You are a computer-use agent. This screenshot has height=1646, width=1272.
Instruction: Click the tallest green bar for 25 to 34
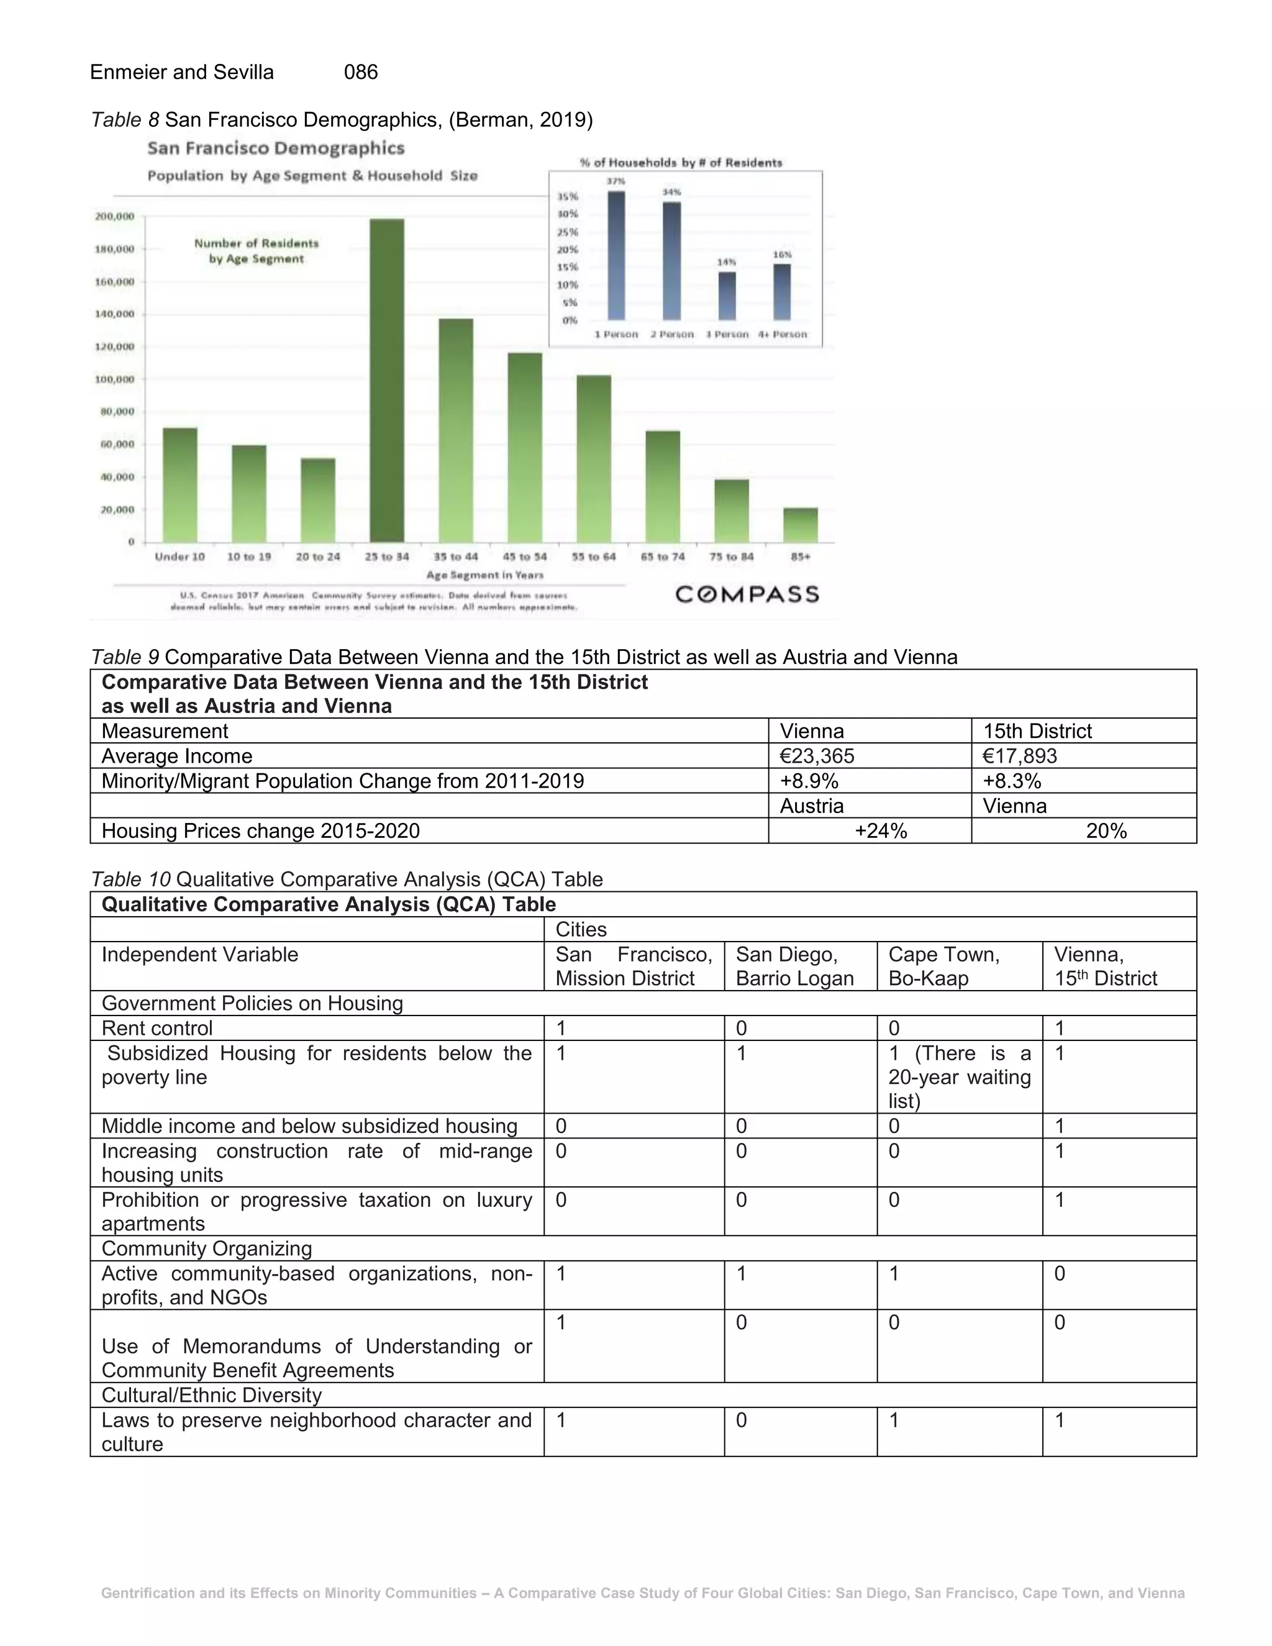pos(386,381)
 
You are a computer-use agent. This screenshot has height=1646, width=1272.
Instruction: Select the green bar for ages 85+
pos(800,525)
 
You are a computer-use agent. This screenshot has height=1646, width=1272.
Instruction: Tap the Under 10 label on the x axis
pos(179,557)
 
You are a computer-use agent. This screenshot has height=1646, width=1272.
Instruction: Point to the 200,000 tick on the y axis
pos(114,216)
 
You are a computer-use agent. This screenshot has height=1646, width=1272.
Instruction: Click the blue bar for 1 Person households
pos(616,257)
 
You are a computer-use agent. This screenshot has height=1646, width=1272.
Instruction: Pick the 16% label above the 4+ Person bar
pos(782,255)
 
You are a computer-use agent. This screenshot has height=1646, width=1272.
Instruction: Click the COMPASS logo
pos(747,594)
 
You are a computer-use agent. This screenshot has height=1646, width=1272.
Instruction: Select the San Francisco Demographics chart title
pos(276,148)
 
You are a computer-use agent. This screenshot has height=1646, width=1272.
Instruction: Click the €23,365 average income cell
pos(817,756)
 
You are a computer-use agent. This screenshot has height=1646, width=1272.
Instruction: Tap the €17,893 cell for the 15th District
pos(1020,756)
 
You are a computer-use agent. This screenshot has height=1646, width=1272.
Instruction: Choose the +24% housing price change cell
pos(880,830)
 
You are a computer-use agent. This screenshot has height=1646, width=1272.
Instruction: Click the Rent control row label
pos(158,1028)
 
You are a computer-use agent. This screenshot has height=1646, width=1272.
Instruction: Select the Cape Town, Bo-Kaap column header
pos(944,966)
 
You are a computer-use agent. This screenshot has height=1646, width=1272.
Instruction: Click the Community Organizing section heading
pos(206,1249)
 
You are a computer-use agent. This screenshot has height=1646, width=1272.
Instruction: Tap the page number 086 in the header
pos(361,72)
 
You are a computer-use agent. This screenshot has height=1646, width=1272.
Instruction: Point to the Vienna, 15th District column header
pos(1105,966)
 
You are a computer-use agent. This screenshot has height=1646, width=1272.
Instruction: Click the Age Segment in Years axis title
pos(484,575)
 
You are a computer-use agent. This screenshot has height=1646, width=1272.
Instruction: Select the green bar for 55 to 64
pos(594,459)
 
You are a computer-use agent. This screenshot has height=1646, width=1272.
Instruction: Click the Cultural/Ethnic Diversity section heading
pos(212,1395)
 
